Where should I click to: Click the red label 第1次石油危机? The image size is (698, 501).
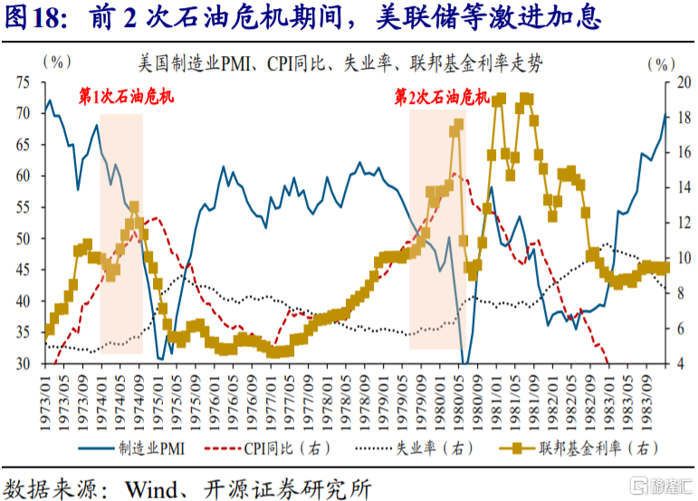click(127, 96)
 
